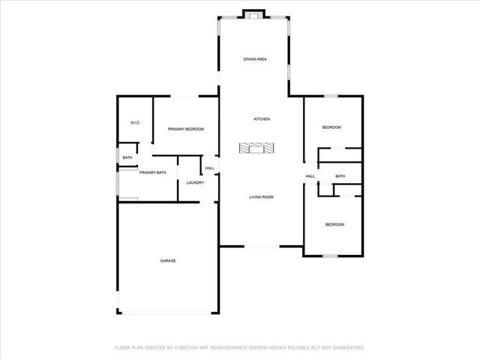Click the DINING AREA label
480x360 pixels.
coord(255,58)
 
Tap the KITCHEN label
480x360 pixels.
coord(261,119)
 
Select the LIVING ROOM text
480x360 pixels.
coord(261,197)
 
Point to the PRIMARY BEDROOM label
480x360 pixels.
coord(186,129)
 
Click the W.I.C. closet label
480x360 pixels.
coord(136,122)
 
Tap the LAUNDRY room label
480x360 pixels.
coord(195,182)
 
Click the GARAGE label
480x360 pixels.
coord(168,260)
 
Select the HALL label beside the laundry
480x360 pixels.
coord(209,168)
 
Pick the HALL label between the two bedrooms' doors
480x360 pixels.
coord(310,176)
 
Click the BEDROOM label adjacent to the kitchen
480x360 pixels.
coord(331,127)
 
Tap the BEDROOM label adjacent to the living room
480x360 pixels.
coord(334,224)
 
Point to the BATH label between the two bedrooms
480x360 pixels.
coord(340,176)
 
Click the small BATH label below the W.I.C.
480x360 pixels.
coord(127,157)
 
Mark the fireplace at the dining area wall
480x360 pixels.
coord(254,13)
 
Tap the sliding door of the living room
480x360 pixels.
coord(262,247)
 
